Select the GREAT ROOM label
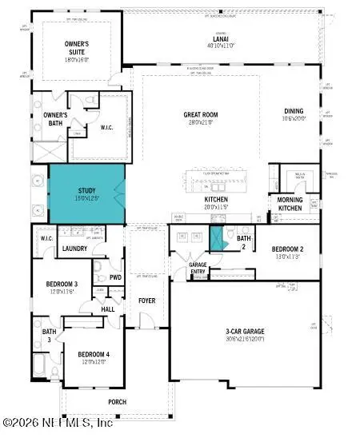click(x=200, y=115)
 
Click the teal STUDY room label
click(x=86, y=191)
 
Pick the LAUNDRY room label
click(x=74, y=249)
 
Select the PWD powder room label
click(x=116, y=278)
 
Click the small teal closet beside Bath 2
click(x=215, y=239)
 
